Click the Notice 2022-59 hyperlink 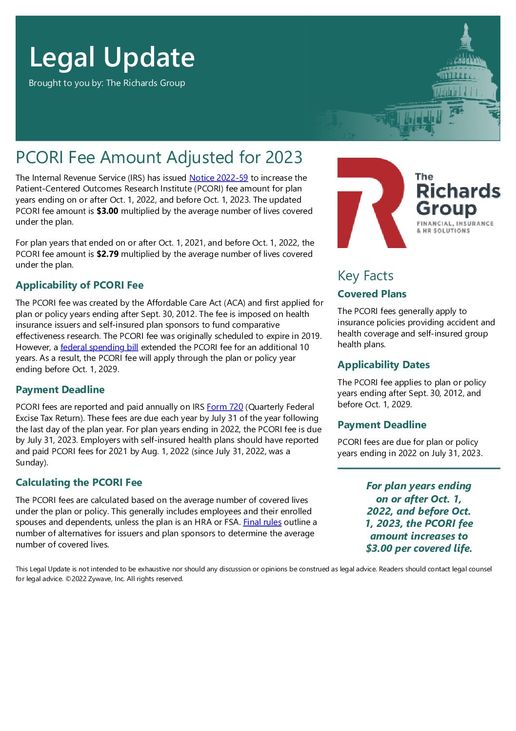(218, 178)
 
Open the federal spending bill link (99, 347)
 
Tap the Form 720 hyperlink (225, 407)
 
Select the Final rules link (262, 522)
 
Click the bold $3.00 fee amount (107, 211)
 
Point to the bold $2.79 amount (107, 254)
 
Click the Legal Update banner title (112, 57)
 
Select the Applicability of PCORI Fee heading (79, 285)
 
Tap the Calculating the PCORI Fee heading (79, 482)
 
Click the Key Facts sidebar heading (365, 276)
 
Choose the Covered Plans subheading (372, 294)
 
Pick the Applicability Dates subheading (383, 365)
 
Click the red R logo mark (371, 202)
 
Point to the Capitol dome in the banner (466, 73)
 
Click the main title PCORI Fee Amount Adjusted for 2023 (159, 158)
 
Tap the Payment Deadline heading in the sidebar (382, 425)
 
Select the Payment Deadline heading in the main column (60, 390)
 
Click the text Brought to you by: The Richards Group (107, 83)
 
